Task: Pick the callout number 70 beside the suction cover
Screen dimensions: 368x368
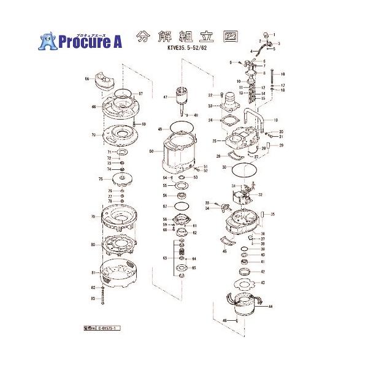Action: [94, 135]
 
